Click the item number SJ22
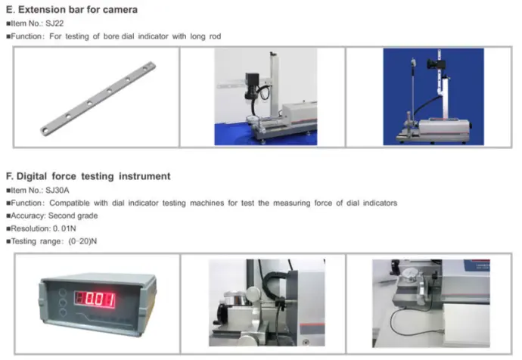(x=54, y=23)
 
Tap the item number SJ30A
(x=57, y=191)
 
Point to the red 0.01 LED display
(x=95, y=299)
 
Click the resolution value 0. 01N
(x=64, y=228)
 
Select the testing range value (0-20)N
(x=82, y=241)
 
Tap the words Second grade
(x=73, y=216)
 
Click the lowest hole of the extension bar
(x=45, y=130)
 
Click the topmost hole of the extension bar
(x=144, y=68)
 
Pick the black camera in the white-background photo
(x=252, y=86)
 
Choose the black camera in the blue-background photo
(x=434, y=64)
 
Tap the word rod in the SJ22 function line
(x=215, y=36)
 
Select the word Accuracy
(x=28, y=216)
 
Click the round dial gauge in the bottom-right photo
(x=410, y=275)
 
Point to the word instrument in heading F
(x=144, y=176)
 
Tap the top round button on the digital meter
(x=62, y=293)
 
